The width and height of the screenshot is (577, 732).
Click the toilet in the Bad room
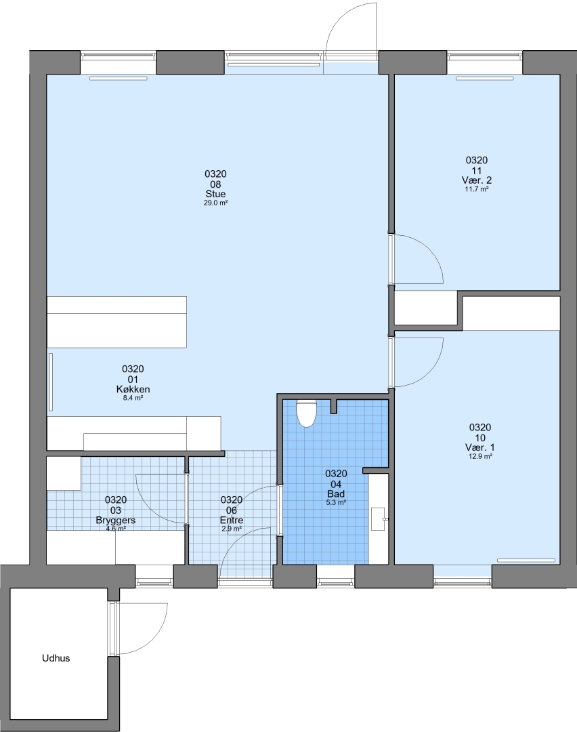(306, 414)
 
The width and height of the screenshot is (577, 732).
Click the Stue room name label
(215, 194)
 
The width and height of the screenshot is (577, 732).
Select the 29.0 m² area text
(215, 203)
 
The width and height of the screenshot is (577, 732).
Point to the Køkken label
(133, 389)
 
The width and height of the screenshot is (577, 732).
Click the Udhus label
(56, 658)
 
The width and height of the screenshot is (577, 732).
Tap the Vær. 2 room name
(477, 180)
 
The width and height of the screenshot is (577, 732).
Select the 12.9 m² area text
(480, 457)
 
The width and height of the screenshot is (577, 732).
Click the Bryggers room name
(116, 520)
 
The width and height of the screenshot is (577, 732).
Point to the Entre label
(232, 520)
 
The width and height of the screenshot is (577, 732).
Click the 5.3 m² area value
(336, 503)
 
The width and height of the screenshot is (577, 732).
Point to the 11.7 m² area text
(477, 190)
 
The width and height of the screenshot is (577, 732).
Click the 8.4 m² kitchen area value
(133, 399)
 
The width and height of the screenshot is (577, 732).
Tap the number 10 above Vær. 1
(480, 438)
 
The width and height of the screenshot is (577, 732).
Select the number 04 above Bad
(336, 484)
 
